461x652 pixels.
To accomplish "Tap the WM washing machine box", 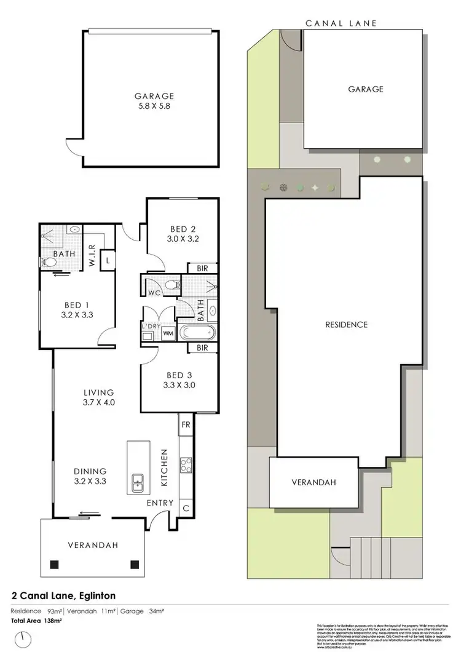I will click(167, 333).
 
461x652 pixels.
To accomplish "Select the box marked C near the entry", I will click(186, 508).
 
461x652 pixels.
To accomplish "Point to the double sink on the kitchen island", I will click(137, 483).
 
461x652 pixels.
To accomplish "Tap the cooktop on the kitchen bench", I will click(185, 465).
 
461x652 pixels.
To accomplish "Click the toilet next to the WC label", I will click(173, 285).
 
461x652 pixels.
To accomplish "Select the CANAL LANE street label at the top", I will click(341, 23).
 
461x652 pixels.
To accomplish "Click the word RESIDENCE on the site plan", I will click(347, 325).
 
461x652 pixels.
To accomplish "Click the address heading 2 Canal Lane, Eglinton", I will click(64, 595).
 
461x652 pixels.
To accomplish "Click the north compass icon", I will click(23, 638).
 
